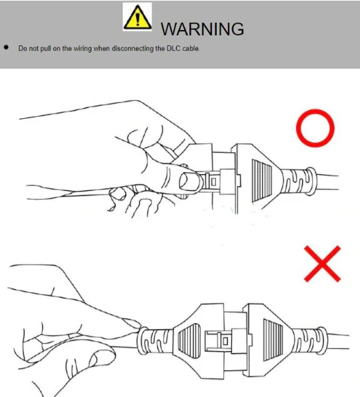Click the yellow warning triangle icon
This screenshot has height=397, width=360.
(x=137, y=17)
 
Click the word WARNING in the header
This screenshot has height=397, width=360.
(x=203, y=29)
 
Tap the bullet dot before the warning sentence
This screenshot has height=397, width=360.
(x=6, y=47)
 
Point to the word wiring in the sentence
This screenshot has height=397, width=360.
(x=83, y=48)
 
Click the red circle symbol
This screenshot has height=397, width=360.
(x=315, y=128)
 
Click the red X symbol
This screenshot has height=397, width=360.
(x=322, y=264)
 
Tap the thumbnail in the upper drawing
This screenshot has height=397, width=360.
(x=189, y=181)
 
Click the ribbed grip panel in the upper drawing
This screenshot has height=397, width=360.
(x=262, y=180)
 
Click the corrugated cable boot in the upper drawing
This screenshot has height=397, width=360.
(x=299, y=181)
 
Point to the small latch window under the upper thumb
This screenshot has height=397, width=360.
(x=213, y=181)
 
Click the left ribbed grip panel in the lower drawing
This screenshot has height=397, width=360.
(x=189, y=340)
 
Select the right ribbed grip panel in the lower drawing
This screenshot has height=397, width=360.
(x=273, y=340)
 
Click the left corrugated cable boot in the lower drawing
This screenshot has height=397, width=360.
(x=155, y=341)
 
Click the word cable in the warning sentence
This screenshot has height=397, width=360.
(x=191, y=48)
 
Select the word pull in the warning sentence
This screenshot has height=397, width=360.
(x=45, y=48)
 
